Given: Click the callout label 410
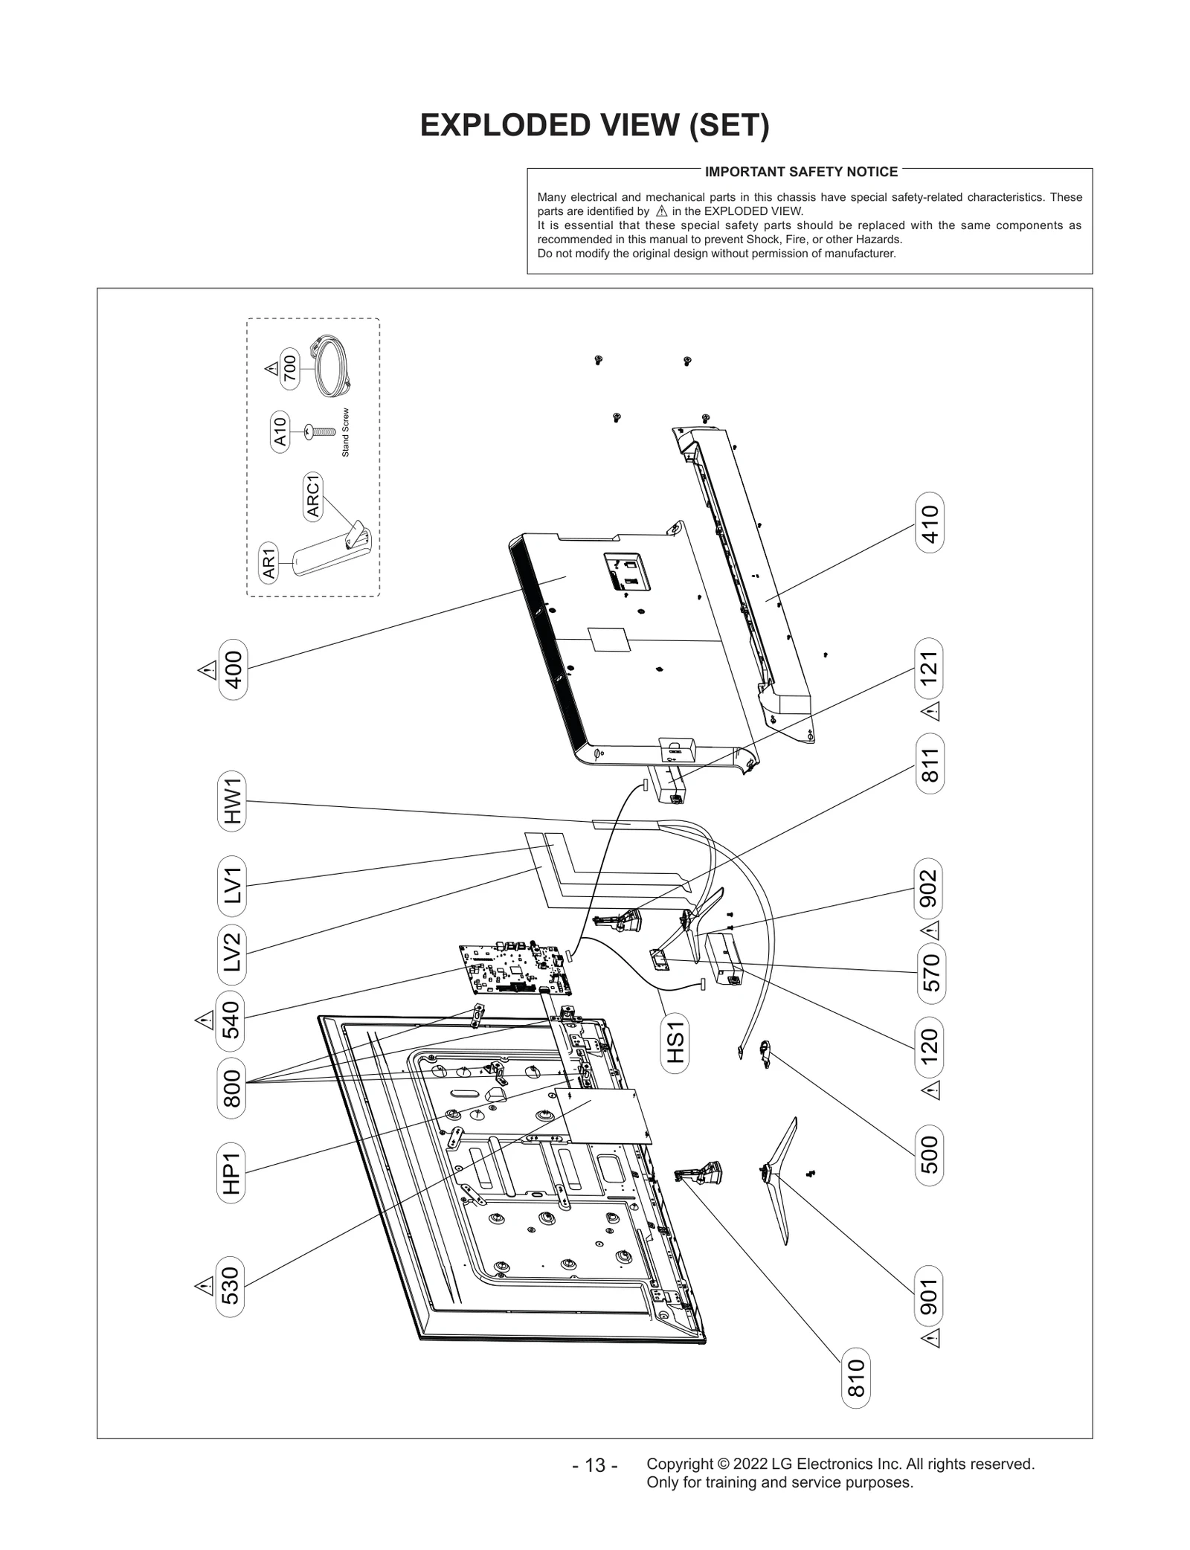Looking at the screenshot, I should click(x=930, y=523).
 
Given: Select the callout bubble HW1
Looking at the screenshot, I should click(x=233, y=800).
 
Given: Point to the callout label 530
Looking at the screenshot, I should click(x=231, y=1286).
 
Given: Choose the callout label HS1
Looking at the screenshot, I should click(x=675, y=1044).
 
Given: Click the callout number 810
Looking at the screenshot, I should click(x=856, y=1378).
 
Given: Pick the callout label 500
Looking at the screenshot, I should click(x=930, y=1154).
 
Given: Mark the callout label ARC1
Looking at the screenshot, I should click(x=313, y=496).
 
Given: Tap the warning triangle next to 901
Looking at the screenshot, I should click(x=930, y=1338).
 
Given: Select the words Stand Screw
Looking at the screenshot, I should click(x=345, y=433).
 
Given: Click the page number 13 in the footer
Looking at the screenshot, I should click(x=595, y=1465).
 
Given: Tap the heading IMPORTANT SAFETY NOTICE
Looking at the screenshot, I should click(x=801, y=172).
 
